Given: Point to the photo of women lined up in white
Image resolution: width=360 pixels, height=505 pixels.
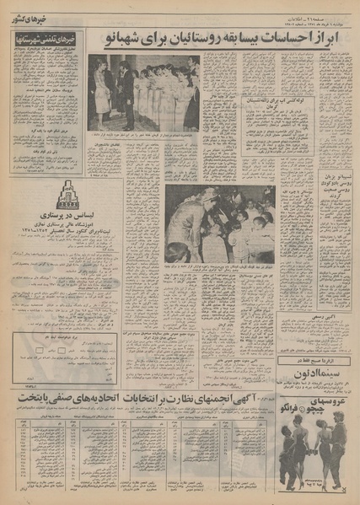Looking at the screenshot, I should (142, 93).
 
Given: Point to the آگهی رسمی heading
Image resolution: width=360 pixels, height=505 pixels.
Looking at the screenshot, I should (318, 319).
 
